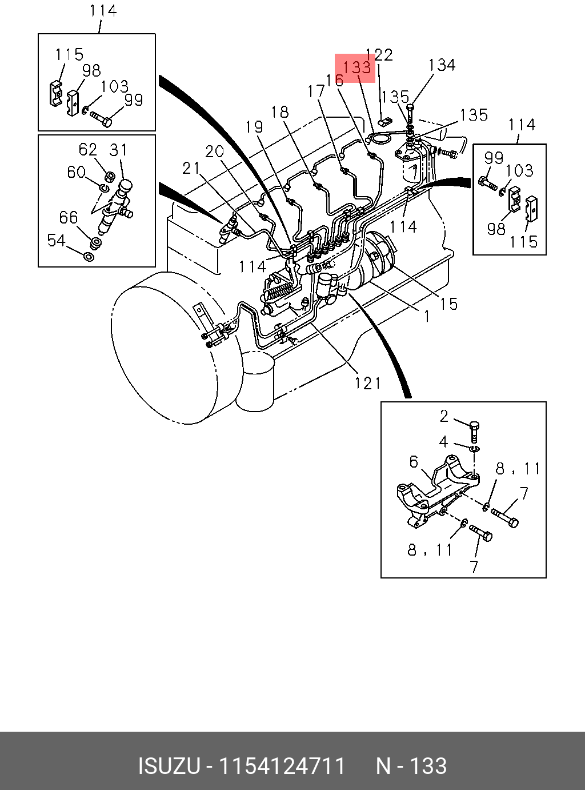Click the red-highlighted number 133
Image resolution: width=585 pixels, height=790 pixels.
click(x=356, y=67)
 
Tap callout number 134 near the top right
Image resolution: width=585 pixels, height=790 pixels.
click(x=442, y=65)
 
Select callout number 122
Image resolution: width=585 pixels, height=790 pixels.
click(x=379, y=54)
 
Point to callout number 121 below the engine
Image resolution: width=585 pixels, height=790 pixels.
click(x=368, y=383)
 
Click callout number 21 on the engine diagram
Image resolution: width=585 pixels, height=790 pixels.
click(x=191, y=168)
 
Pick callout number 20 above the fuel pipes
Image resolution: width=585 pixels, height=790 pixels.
click(x=214, y=151)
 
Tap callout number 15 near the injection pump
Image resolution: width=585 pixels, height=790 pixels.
click(x=448, y=304)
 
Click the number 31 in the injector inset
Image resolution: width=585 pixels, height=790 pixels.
click(x=118, y=150)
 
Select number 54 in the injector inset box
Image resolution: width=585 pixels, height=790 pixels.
click(x=57, y=241)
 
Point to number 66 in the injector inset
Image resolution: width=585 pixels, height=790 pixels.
click(x=69, y=217)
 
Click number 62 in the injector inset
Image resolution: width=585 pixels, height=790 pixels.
click(x=88, y=150)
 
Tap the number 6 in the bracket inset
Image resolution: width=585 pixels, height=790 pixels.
click(x=414, y=462)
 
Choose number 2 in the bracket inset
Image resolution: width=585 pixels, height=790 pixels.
click(x=444, y=416)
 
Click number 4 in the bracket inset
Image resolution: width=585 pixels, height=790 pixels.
click(x=443, y=442)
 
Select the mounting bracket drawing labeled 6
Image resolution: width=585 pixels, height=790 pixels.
click(x=438, y=492)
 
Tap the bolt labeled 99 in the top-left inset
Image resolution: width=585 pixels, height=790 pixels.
click(x=101, y=118)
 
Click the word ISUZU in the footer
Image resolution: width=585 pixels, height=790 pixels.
click(x=169, y=766)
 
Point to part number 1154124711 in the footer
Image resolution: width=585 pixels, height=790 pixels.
click(x=282, y=766)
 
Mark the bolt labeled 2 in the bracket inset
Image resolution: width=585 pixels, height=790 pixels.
click(x=474, y=432)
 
